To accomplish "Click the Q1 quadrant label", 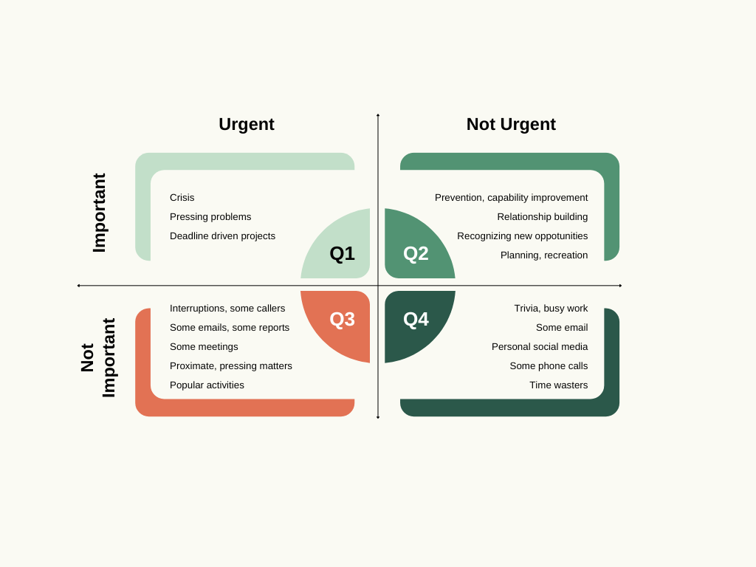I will point(342,253).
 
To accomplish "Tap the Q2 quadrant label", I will point(416,253).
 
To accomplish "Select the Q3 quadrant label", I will point(342,319).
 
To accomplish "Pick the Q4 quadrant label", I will point(416,319).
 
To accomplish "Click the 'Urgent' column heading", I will point(247,124).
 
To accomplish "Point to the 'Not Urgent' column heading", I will point(511,124).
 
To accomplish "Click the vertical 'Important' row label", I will point(100,213).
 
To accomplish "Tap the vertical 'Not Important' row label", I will point(98,358).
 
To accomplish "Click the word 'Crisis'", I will point(182,198).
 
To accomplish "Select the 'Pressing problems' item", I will point(210,217).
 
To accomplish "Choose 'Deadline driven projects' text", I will point(222,236).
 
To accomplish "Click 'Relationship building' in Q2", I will point(543,217).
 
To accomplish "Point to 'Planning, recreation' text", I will point(544,255).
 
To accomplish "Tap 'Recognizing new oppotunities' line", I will point(523,236).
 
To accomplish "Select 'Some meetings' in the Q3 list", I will point(204,347).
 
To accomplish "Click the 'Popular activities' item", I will point(207,385).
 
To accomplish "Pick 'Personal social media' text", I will point(540,347).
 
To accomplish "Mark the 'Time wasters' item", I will point(559,385).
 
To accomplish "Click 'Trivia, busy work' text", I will point(551,309).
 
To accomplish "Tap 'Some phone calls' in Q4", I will point(549,366).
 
